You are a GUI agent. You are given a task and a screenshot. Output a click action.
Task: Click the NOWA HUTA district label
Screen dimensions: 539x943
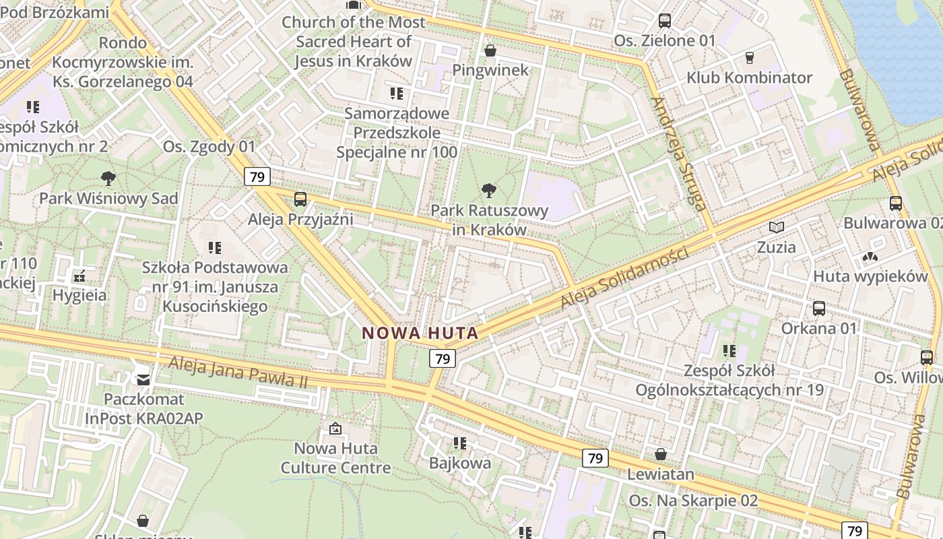coord(420,333)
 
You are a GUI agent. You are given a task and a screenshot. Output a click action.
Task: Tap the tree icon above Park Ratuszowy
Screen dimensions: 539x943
coord(490,191)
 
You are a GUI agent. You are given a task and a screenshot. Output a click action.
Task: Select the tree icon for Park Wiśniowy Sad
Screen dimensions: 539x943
coord(108,179)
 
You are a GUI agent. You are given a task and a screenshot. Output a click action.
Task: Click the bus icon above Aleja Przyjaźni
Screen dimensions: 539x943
coord(300,199)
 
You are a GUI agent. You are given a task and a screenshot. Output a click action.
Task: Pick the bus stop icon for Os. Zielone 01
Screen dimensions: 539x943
coord(665,21)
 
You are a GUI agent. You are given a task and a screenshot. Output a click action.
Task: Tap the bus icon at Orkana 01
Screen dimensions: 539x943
coord(819,309)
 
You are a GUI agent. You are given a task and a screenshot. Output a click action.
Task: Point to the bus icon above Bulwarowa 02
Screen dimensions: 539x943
coord(896,203)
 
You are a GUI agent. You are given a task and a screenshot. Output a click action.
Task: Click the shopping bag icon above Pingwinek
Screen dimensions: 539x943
coord(490,51)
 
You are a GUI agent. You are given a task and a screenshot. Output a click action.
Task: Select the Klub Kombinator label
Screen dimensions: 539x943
coord(749,77)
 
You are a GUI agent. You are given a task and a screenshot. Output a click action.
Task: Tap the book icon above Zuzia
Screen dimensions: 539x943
coord(777,228)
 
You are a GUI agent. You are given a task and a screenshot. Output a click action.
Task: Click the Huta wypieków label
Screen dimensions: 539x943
coord(870,276)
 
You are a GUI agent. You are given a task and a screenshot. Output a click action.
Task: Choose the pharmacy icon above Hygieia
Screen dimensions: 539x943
coord(79,276)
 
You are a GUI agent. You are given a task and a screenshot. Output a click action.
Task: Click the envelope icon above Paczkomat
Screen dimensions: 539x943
coord(143,380)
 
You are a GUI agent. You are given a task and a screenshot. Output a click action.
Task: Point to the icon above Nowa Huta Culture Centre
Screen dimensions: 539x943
coord(335,429)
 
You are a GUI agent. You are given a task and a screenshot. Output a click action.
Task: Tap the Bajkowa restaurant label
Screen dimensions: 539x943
coord(460,464)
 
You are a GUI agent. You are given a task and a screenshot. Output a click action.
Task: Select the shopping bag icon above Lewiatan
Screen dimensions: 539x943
coord(661,454)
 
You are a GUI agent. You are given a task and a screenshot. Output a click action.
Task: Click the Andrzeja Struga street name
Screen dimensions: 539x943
coord(678,154)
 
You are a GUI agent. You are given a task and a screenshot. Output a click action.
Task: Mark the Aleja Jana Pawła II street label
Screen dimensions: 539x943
coord(238,372)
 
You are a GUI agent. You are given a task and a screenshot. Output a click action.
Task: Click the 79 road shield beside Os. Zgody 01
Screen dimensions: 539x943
coord(257,177)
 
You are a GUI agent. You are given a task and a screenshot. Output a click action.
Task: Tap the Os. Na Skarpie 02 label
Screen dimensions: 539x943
coord(693,501)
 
